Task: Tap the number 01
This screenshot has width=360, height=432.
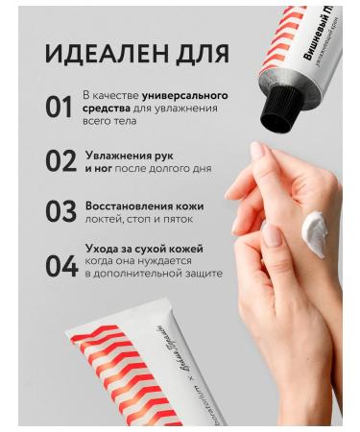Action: click(x=59, y=108)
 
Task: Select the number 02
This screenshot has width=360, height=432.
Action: click(x=59, y=159)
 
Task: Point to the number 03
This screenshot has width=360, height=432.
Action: click(x=59, y=211)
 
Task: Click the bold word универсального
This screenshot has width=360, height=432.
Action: click(x=184, y=96)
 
